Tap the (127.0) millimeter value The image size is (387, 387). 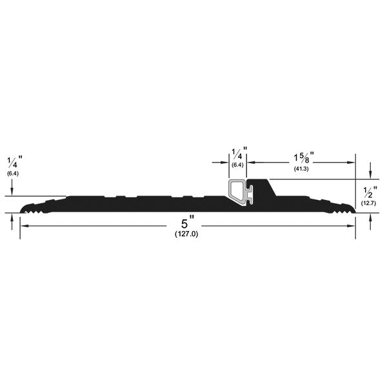pyautogui.click(x=186, y=234)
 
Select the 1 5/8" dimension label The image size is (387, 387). pyautogui.click(x=303, y=157)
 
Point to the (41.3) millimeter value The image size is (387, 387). pyautogui.click(x=301, y=169)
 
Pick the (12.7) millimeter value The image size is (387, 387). pyautogui.click(x=368, y=203)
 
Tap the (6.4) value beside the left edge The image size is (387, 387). pyautogui.click(x=13, y=174)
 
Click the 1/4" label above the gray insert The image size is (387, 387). pyautogui.click(x=239, y=154)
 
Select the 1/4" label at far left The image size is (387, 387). pyautogui.click(x=15, y=162)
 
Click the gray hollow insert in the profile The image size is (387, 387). pyautogui.click(x=241, y=192)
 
